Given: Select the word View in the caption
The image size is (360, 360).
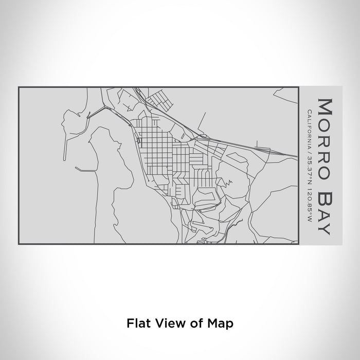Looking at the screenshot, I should [x=166, y=323].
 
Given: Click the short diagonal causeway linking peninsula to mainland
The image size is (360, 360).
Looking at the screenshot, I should [x=96, y=111].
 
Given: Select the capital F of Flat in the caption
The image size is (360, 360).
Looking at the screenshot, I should [x=129, y=323].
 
